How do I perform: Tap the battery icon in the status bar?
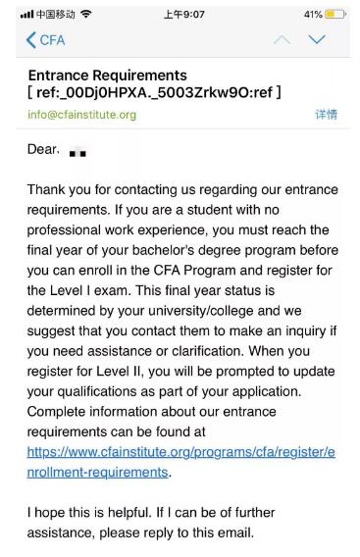[x=339, y=11]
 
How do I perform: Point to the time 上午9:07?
[x=180, y=11]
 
